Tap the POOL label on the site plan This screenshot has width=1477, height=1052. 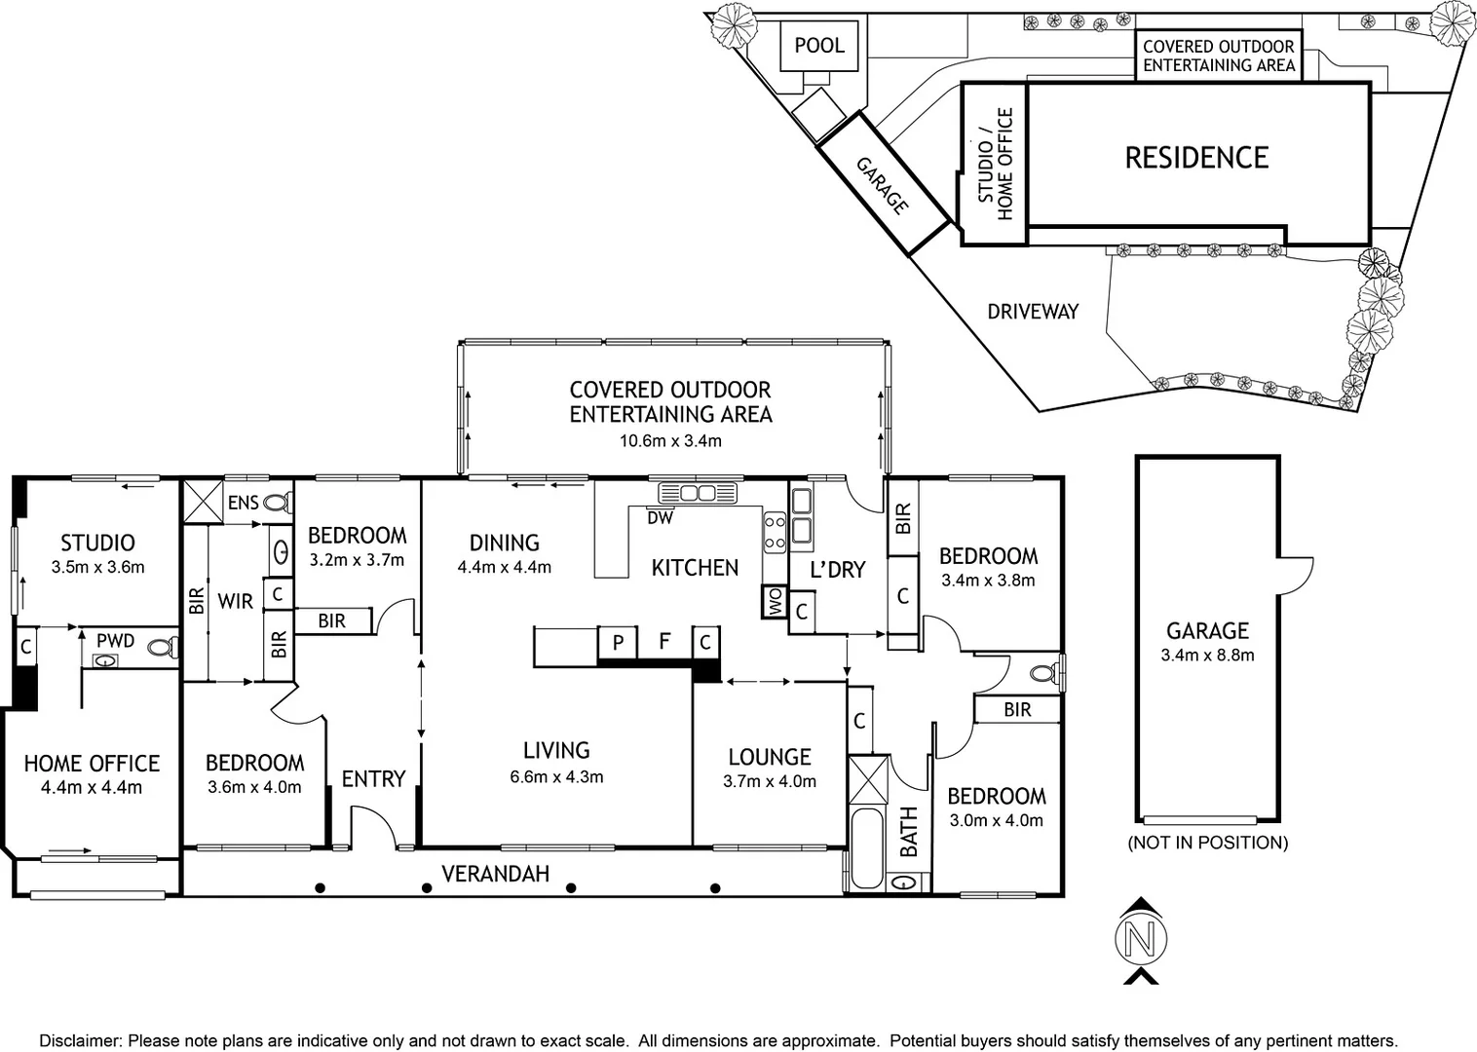click(819, 46)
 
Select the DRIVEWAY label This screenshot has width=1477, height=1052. click(1033, 311)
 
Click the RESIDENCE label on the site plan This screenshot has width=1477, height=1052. click(1196, 158)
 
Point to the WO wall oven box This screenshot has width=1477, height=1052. click(775, 601)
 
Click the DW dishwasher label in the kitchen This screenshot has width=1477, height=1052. click(660, 518)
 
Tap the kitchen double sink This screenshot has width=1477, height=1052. click(698, 493)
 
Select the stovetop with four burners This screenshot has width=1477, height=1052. click(775, 533)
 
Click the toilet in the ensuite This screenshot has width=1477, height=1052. click(278, 504)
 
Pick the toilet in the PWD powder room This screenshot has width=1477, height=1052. click(163, 647)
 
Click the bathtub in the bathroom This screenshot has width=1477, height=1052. click(866, 849)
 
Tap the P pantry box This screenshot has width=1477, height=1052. click(618, 642)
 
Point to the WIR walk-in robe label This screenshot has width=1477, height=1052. click(236, 601)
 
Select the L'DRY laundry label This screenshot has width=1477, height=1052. click(838, 570)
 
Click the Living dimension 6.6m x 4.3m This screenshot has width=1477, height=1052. click(556, 777)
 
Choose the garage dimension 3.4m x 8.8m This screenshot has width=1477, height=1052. click(1207, 656)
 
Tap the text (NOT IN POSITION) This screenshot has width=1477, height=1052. click(1208, 843)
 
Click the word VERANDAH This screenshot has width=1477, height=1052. click(495, 874)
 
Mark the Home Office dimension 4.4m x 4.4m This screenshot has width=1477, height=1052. click(92, 788)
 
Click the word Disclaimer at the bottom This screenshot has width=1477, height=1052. click(80, 1040)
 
